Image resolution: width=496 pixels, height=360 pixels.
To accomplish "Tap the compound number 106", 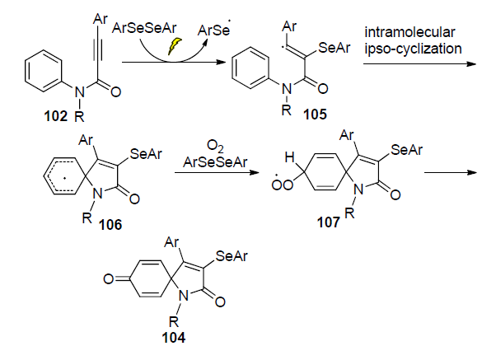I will point(114,224).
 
